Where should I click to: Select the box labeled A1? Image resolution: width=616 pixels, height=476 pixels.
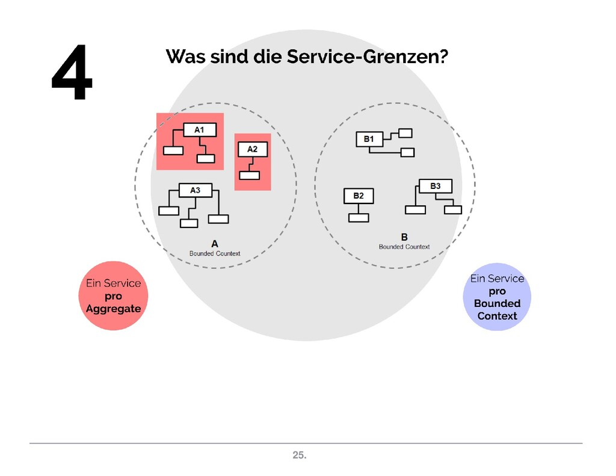pos(199,129)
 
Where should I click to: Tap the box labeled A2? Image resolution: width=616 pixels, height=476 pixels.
pos(252,149)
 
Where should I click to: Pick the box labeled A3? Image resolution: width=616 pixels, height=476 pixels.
pos(195,190)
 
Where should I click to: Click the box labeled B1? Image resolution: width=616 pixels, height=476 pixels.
pos(369,139)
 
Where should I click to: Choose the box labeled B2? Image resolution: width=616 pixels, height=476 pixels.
pos(358,196)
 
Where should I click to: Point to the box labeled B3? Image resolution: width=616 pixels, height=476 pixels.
pos(435,186)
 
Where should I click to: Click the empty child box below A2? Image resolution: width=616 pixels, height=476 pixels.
pos(249,175)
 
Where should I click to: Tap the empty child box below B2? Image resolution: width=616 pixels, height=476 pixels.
pos(359,217)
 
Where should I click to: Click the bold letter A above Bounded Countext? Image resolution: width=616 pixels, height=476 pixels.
pos(215,244)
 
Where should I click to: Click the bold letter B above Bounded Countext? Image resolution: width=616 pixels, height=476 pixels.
pos(404,237)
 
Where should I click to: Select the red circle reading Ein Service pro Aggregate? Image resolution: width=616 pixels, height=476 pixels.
pos(113,295)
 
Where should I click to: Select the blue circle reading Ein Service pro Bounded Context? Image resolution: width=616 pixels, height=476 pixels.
pos(497,297)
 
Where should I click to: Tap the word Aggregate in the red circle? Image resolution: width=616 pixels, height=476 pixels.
pos(113,309)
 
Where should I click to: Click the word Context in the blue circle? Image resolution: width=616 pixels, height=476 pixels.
pos(497,316)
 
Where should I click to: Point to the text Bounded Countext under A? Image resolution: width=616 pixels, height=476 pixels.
pos(215,253)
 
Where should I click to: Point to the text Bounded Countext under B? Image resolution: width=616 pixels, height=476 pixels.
pos(404,247)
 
